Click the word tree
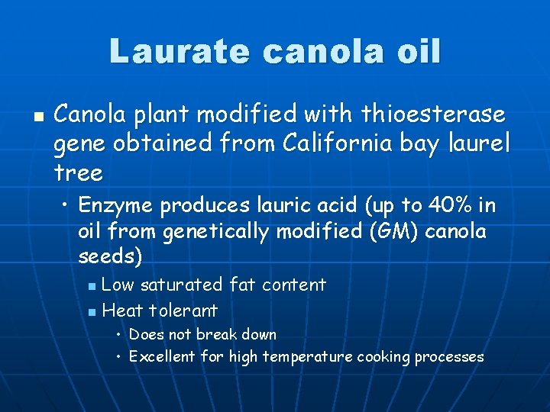[x=78, y=173]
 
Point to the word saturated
[x=183, y=285]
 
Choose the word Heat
[x=122, y=311]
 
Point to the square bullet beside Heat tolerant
[x=92, y=312]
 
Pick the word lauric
[x=277, y=206]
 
